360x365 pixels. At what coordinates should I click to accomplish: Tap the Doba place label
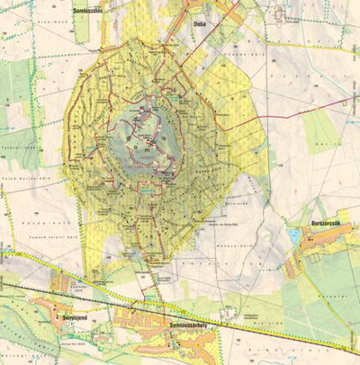202,24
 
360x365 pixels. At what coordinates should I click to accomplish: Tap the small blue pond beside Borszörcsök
293,236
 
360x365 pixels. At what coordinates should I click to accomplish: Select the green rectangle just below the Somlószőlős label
82,27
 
